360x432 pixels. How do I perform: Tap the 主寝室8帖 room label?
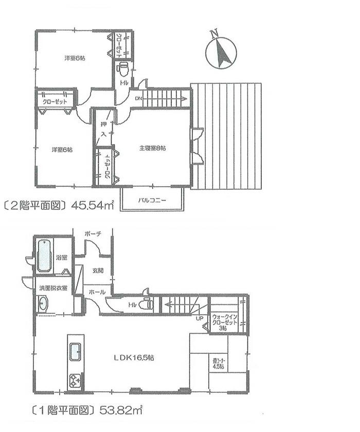tap(152, 148)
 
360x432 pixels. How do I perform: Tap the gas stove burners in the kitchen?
tap(75, 381)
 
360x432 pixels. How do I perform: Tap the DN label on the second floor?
tap(138, 98)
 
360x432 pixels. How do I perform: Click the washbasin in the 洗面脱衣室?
tap(42, 304)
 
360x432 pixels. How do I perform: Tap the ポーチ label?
tap(94, 234)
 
